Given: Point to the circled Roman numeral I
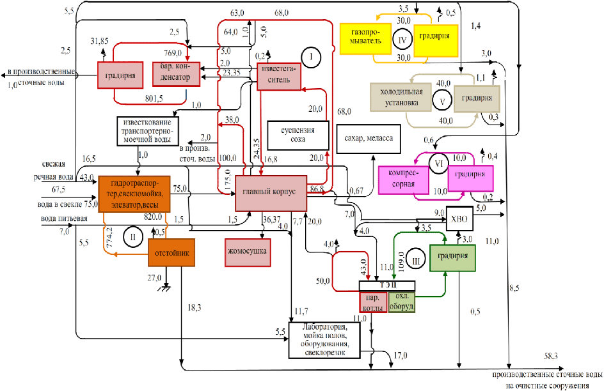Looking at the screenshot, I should pos(310,59).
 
